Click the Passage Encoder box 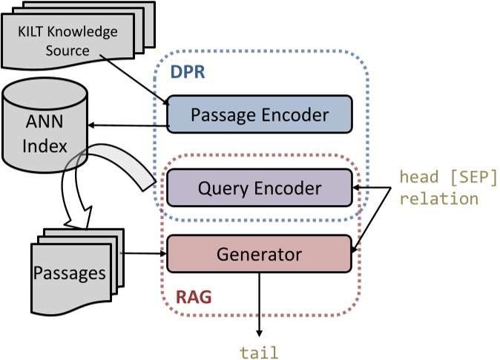[x=258, y=114]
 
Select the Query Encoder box [x=258, y=188]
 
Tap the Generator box [x=258, y=255]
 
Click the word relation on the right [x=439, y=198]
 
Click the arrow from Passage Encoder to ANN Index [x=127, y=126]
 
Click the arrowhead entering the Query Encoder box [x=356, y=188]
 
